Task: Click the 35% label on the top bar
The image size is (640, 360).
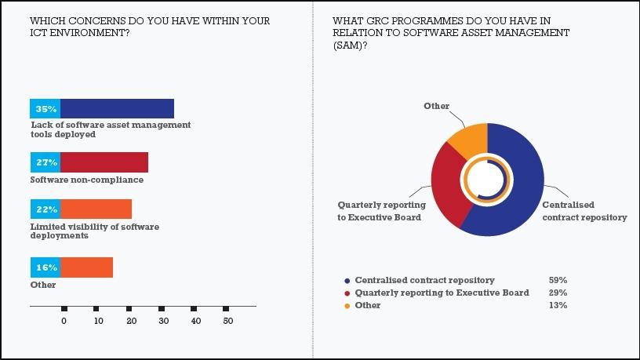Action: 45,109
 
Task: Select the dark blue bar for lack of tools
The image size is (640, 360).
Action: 117,109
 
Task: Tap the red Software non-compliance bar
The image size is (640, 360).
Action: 104,162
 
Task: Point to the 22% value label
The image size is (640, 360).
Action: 45,210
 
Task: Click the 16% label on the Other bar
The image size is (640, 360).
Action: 45,267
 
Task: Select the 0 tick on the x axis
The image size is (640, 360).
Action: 64,320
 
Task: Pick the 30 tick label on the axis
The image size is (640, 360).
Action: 162,320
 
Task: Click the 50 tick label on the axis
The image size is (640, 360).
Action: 227,320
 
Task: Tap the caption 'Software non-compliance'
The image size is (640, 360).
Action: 87,180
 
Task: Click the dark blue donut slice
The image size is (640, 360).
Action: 522,188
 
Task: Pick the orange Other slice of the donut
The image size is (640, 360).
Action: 469,141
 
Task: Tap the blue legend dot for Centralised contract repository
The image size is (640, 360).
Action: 347,280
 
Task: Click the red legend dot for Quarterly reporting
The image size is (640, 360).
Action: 347,293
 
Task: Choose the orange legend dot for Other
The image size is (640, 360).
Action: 347,305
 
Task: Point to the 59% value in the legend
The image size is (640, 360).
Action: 558,280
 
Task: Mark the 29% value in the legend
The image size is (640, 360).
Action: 558,293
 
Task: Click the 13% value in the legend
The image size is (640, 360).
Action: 558,305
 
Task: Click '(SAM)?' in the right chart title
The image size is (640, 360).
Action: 351,45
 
